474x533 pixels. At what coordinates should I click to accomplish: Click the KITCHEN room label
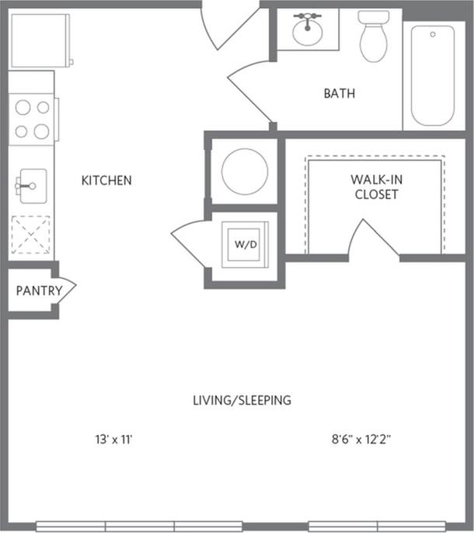pyautogui.click(x=106, y=180)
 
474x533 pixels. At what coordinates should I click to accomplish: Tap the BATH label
pyautogui.click(x=340, y=94)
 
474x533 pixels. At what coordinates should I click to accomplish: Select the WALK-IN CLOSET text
pyautogui.click(x=376, y=187)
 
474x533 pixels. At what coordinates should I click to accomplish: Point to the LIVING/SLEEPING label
pyautogui.click(x=242, y=400)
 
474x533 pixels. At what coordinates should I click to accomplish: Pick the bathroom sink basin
pyautogui.click(x=308, y=32)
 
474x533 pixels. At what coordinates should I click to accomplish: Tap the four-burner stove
pyautogui.click(x=32, y=118)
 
